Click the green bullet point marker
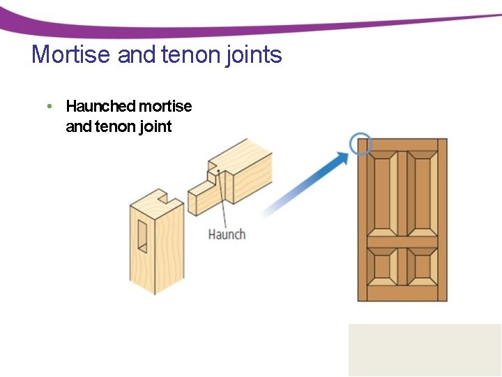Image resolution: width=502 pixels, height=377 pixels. point(49,107)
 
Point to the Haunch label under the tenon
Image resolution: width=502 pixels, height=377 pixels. point(227,234)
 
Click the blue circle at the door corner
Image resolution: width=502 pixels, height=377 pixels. point(361,145)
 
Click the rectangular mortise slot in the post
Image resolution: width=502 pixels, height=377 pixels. point(143,236)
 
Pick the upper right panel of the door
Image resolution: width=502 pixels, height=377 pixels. point(421,193)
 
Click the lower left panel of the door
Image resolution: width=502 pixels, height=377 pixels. point(383,267)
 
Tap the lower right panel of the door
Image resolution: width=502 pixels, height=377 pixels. point(421,267)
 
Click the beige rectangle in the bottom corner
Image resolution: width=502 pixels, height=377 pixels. point(425,350)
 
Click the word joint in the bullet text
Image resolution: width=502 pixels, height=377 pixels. point(155,127)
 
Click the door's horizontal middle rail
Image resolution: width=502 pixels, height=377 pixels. point(402,243)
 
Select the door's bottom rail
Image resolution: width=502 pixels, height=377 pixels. point(402,293)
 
